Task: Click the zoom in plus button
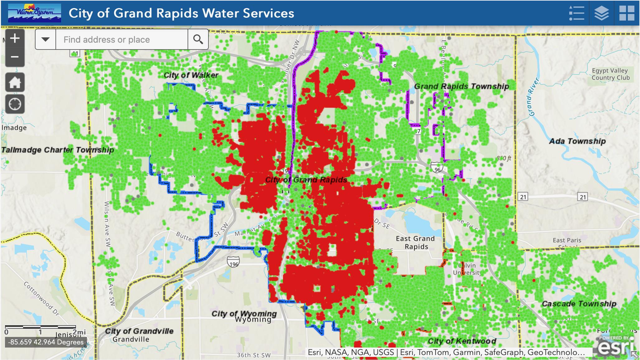tap(15, 39)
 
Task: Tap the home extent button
tap(15, 83)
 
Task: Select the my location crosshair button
tap(15, 104)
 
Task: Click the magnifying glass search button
tap(198, 39)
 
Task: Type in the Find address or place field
tap(122, 40)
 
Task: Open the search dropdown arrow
tap(45, 39)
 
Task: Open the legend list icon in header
tap(576, 13)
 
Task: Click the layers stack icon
tap(601, 13)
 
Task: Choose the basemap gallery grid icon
tap(627, 13)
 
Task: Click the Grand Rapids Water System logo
tap(34, 13)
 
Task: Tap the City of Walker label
tap(191, 75)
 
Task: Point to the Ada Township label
tap(577, 141)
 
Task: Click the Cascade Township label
tap(579, 304)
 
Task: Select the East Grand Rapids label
tap(415, 242)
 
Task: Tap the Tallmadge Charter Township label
tap(58, 150)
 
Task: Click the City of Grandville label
tap(139, 331)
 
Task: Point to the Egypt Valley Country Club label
tap(610, 74)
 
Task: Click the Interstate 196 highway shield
tap(233, 263)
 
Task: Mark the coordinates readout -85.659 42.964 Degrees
tap(46, 342)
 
